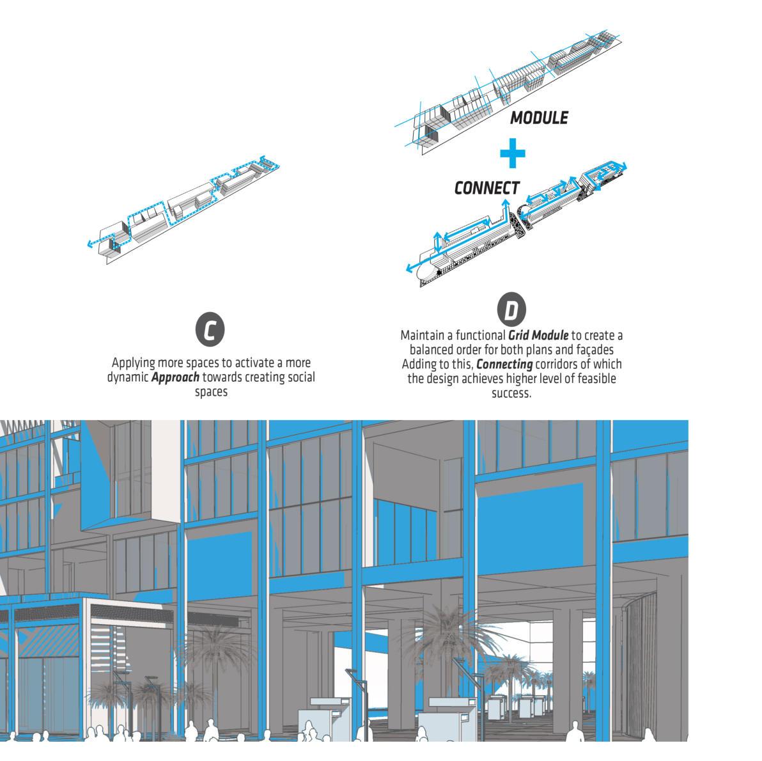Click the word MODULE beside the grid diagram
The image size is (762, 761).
[539, 118]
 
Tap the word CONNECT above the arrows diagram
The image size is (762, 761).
[486, 188]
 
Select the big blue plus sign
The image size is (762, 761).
[512, 153]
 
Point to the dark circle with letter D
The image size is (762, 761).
[511, 311]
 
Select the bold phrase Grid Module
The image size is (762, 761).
[538, 335]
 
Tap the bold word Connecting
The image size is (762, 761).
[504, 365]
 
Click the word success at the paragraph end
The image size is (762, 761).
[511, 393]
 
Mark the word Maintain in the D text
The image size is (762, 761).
[421, 335]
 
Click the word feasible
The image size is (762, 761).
[595, 379]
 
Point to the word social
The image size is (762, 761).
[297, 377]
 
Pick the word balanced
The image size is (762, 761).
[434, 350]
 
